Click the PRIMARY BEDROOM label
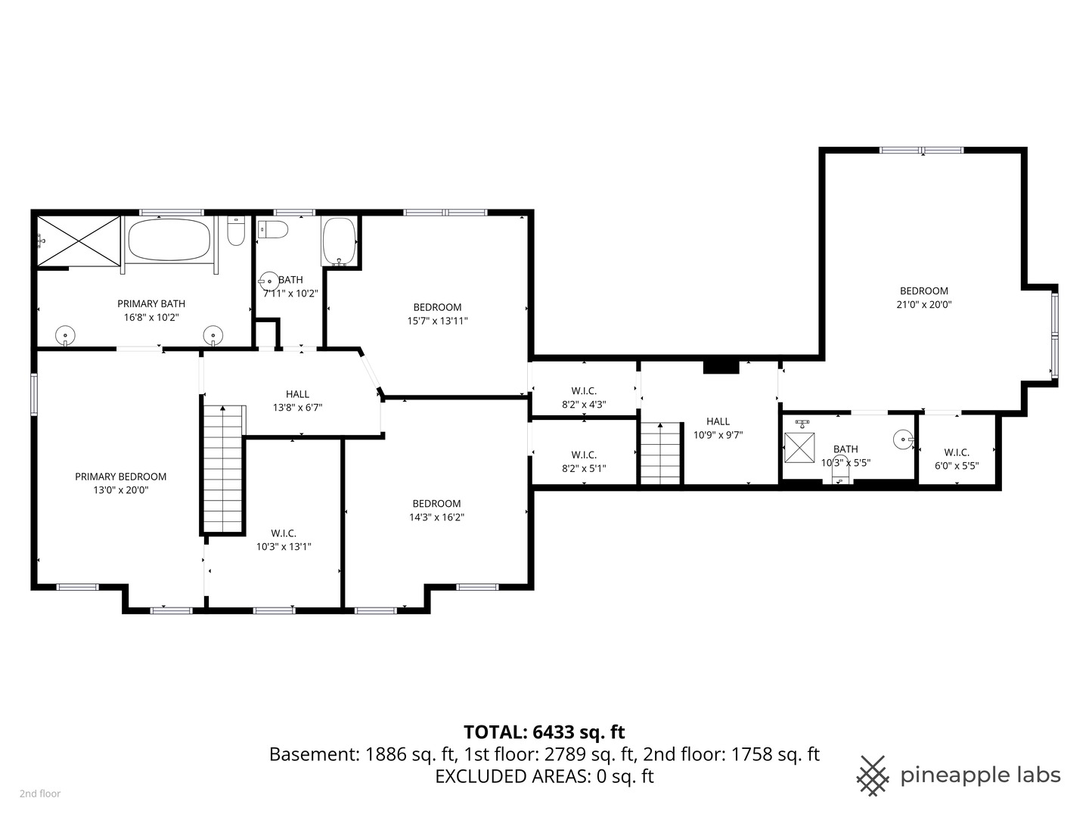point(120,477)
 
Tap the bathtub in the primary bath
point(169,241)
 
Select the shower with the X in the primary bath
point(79,241)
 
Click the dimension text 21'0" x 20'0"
point(923,305)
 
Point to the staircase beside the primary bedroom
point(224,469)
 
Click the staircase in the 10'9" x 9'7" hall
point(660,453)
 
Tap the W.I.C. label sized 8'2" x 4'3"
point(584,391)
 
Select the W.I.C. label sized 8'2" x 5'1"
point(584,455)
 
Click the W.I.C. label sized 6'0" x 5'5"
point(957,452)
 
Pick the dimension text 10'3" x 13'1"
point(284,547)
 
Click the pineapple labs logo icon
point(872,775)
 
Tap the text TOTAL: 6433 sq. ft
point(544,732)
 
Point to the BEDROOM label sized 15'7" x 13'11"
point(437,307)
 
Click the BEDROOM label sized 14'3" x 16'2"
point(436,504)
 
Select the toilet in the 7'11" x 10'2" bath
point(272,229)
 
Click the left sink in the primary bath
point(66,334)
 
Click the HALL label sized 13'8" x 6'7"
point(297,394)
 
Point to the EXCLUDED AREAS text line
point(544,776)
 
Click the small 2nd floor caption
point(40,794)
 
